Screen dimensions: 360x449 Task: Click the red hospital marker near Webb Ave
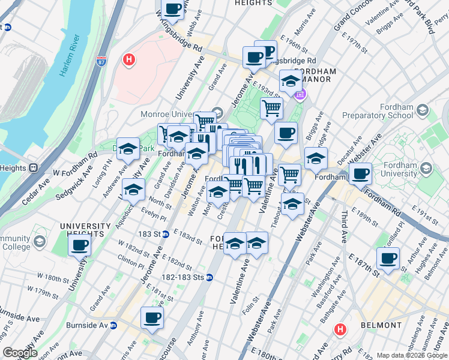[x=128, y=59]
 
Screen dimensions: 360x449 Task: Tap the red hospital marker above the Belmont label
[x=340, y=329]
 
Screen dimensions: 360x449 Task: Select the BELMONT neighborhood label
[x=381, y=325]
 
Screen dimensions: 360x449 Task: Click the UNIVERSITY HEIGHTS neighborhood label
[x=86, y=230]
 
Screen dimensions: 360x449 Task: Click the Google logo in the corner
[x=20, y=353]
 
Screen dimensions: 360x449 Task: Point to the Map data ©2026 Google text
[x=412, y=355]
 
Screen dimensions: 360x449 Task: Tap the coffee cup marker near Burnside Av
[x=152, y=318]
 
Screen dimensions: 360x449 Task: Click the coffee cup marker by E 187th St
[x=388, y=259]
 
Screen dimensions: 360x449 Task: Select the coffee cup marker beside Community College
[x=80, y=245]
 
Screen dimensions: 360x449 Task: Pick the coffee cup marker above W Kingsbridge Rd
[x=173, y=10]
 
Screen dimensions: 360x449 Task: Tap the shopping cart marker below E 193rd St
[x=271, y=109]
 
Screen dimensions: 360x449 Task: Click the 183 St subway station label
[x=155, y=233]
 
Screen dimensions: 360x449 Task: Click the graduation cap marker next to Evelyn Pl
[x=134, y=189]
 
